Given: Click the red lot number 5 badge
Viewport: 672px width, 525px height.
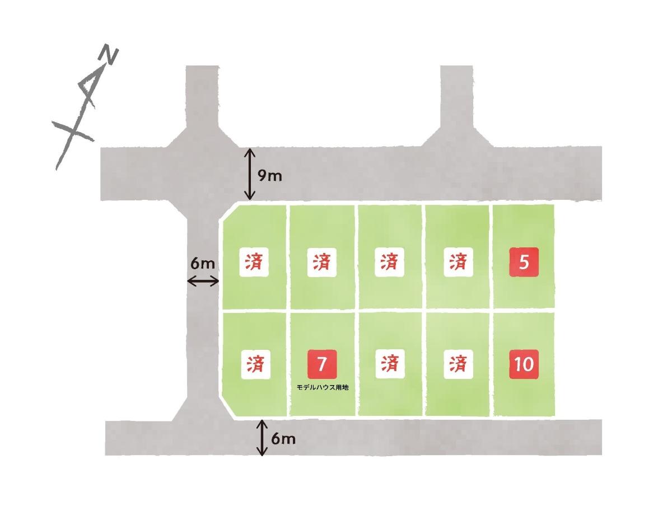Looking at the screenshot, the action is click(x=524, y=262).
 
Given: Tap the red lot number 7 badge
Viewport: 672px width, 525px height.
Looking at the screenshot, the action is click(x=322, y=364).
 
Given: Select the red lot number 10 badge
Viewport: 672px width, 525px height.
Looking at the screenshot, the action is click(x=524, y=364).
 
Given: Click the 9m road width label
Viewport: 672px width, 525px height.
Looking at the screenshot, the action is click(x=270, y=176).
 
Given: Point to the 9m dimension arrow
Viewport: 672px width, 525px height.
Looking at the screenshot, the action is click(x=250, y=174).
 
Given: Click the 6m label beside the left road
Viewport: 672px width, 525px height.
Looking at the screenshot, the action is click(x=203, y=263).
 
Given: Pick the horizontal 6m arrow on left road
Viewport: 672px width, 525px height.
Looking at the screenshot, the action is click(x=203, y=281).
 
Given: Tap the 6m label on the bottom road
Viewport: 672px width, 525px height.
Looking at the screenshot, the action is click(x=283, y=438).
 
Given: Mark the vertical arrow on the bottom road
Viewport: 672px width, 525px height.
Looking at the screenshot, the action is click(x=262, y=438).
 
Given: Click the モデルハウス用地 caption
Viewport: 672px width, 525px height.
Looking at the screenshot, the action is click(x=323, y=387).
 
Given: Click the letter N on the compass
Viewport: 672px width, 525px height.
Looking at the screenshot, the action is click(x=109, y=55).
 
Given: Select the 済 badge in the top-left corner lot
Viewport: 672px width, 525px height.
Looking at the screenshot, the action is click(x=254, y=262).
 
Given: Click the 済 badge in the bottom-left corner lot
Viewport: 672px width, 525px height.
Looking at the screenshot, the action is click(x=255, y=364).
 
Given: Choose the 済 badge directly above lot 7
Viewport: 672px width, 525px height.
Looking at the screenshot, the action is click(x=322, y=262).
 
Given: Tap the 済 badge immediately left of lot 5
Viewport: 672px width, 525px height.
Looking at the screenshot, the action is click(x=458, y=262).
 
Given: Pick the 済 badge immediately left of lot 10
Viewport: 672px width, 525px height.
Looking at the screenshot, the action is click(x=458, y=364).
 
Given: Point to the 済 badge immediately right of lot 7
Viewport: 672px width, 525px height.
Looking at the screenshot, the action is click(x=390, y=364).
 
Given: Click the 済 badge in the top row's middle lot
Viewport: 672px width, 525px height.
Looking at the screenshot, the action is click(x=389, y=262).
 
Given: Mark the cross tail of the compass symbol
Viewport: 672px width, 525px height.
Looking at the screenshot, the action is click(x=72, y=132).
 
